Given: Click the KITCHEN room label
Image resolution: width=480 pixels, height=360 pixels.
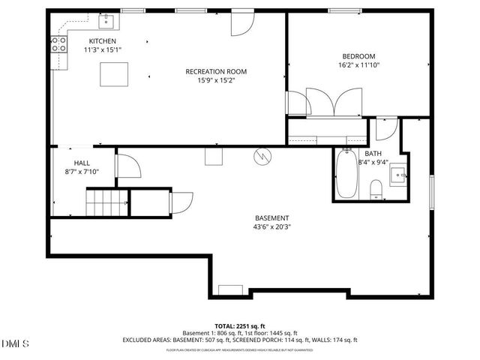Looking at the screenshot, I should click(103, 40).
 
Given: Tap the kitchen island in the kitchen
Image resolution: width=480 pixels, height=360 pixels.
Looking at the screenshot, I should click(114, 74).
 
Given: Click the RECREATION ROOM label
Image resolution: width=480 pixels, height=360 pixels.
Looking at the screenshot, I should click(216, 72).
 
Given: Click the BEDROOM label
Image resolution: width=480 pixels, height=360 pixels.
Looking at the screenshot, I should click(358, 56).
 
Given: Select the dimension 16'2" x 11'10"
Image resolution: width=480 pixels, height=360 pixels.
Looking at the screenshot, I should click(358, 64).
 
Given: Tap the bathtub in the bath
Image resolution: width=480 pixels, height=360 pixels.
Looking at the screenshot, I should click(346, 175).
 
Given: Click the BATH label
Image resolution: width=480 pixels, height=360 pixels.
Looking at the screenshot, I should click(373, 153).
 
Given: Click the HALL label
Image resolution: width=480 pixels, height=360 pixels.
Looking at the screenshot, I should click(82, 163).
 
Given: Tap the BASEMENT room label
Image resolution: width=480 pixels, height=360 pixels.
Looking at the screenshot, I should click(271, 217).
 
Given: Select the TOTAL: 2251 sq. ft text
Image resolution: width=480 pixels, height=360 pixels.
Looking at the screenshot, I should click(240, 326).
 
